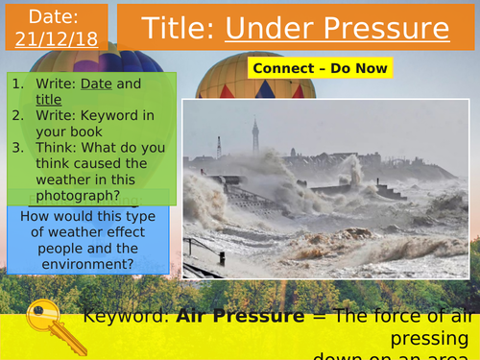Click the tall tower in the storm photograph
pyautogui.click(x=254, y=139)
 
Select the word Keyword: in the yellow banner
pyautogui.click(x=126, y=316)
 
